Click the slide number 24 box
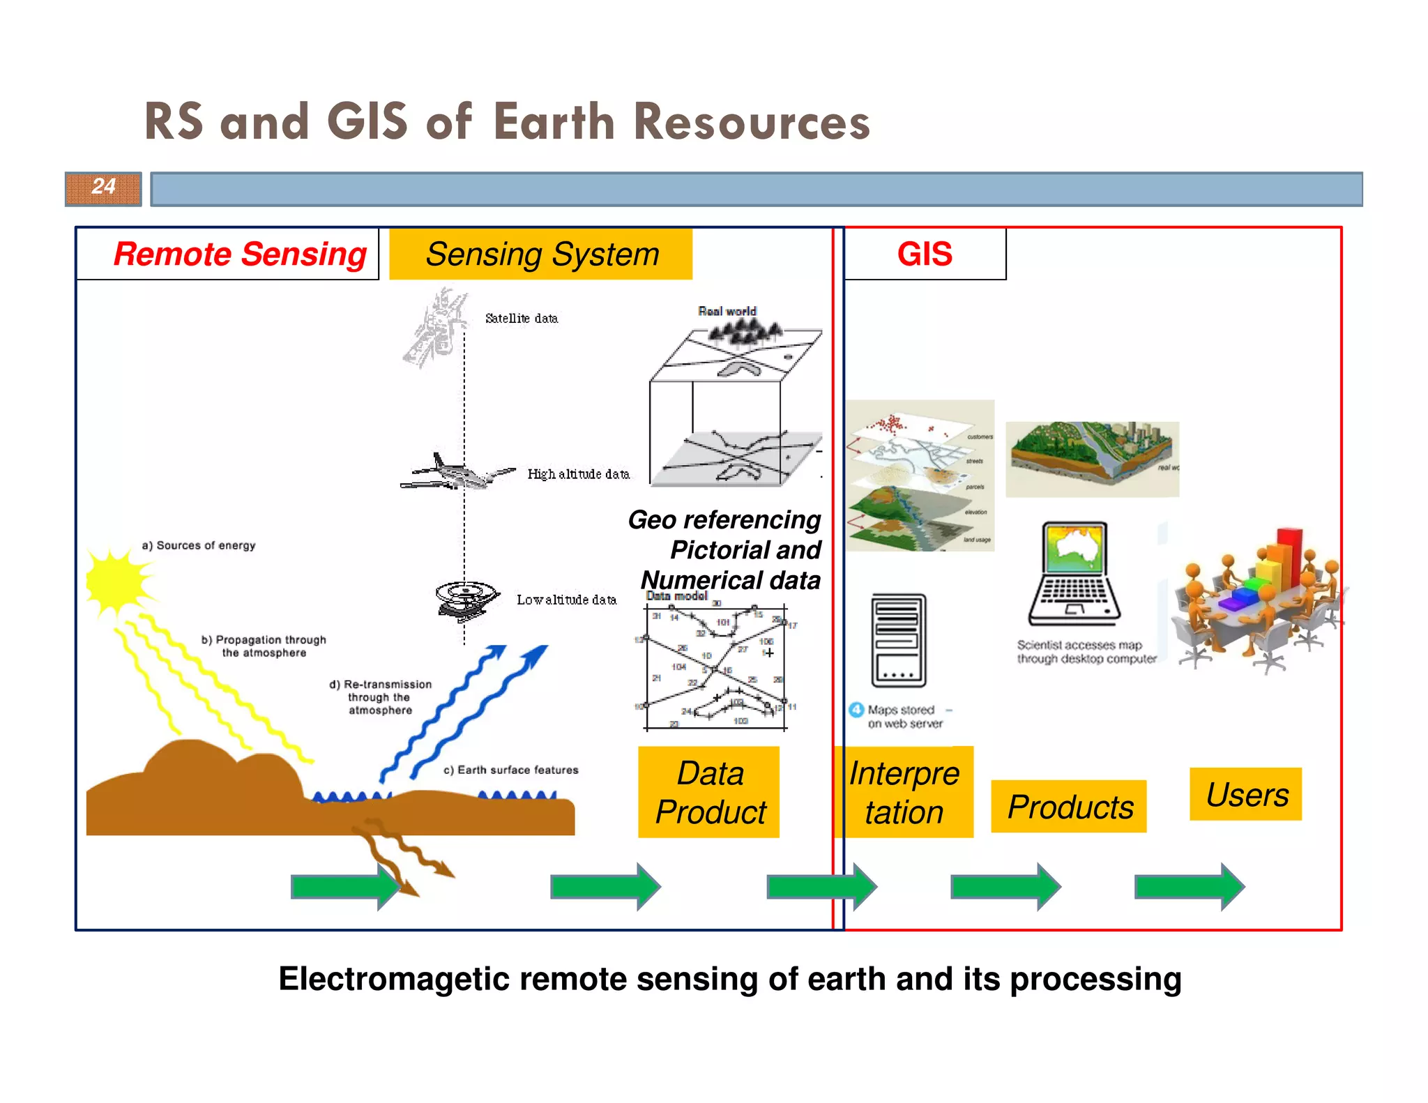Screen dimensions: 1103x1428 coord(103,188)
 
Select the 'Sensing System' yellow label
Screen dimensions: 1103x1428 coord(541,254)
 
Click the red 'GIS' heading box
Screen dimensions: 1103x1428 coord(925,254)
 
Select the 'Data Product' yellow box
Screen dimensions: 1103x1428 coord(709,793)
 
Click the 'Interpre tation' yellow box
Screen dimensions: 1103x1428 coord(904,793)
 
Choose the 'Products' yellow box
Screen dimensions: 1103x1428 coord(1070,807)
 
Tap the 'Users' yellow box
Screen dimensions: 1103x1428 coord(1246,795)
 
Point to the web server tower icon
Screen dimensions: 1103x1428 coord(899,640)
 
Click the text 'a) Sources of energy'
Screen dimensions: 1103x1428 coord(199,545)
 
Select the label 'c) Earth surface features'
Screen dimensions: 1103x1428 coord(511,770)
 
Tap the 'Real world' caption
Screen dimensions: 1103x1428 coord(727,311)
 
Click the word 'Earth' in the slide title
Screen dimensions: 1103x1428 coord(554,122)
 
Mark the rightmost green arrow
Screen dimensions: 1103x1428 coord(1190,887)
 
